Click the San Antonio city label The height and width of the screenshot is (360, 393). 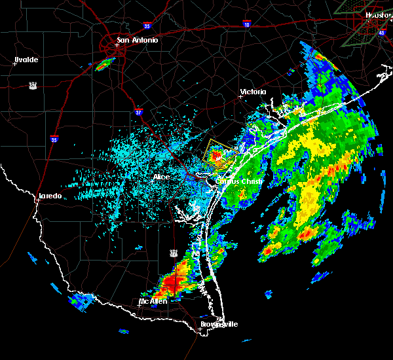pyautogui.click(x=137, y=40)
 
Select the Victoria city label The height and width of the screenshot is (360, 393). pyautogui.click(x=253, y=92)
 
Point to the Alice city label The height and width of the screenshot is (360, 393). pyautogui.click(x=161, y=177)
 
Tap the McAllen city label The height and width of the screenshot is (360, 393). pyautogui.click(x=153, y=301)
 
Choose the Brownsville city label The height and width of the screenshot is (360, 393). pyautogui.click(x=219, y=324)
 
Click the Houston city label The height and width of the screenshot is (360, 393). pyautogui.click(x=379, y=14)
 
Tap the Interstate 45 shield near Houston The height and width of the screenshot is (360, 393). pyautogui.click(x=382, y=31)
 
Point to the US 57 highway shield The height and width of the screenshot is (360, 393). pyautogui.click(x=32, y=85)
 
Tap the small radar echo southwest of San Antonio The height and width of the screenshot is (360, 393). pyautogui.click(x=103, y=64)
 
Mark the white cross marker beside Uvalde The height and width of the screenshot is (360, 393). pyautogui.click(x=14, y=63)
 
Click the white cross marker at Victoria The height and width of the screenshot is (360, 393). pyautogui.click(x=241, y=96)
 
